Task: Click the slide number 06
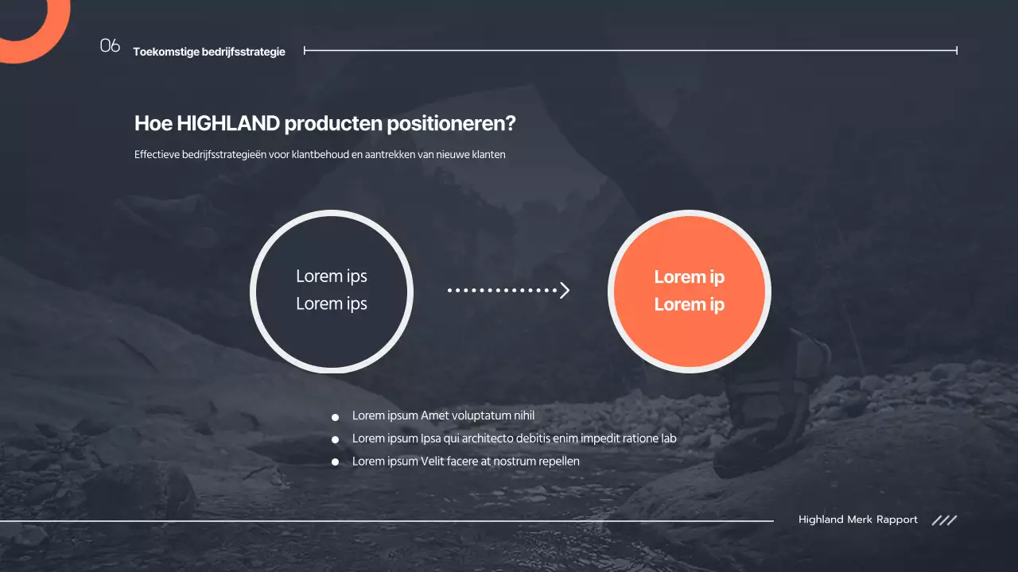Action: (110, 46)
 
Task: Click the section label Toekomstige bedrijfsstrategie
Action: (209, 52)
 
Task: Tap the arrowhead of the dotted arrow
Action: (565, 290)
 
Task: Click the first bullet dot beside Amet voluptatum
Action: (335, 416)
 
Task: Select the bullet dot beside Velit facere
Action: (335, 462)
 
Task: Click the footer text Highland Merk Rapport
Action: (857, 520)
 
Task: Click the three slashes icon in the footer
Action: (944, 520)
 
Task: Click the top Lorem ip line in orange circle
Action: (689, 277)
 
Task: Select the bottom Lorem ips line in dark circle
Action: (332, 303)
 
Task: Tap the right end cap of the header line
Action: (956, 50)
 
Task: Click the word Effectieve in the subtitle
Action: (157, 155)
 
